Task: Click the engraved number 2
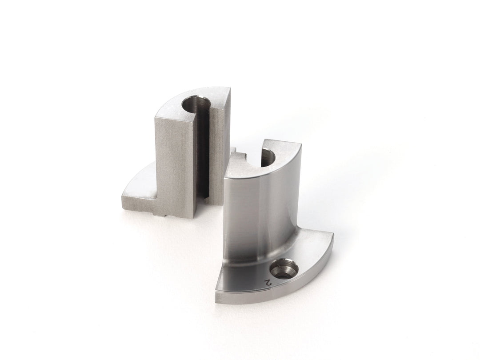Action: pos(269,282)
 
